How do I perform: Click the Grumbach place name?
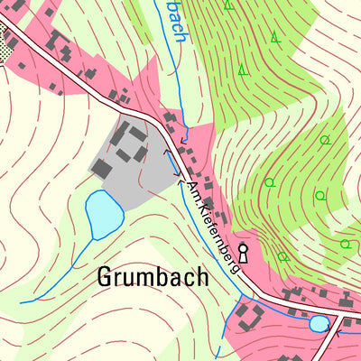pos(152,277)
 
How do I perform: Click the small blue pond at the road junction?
pos(319,322)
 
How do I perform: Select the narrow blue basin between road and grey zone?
pos(171,163)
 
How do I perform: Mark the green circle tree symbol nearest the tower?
pos(282,255)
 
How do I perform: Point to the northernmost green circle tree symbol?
pos(324,140)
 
